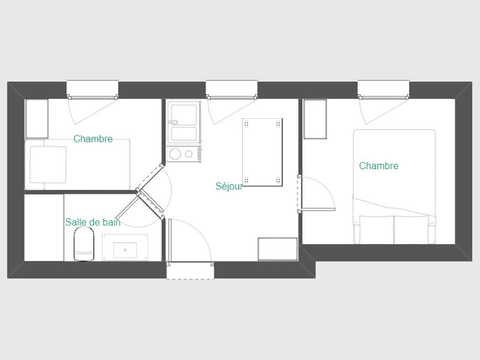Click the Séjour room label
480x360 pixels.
[x=229, y=187]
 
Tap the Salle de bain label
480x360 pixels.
[x=93, y=222]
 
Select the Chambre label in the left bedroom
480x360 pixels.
[x=93, y=139]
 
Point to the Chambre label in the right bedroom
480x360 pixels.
[x=379, y=166]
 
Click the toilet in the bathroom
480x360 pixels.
[x=84, y=245]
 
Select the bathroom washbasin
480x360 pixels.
[x=125, y=248]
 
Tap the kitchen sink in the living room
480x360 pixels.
[x=184, y=122]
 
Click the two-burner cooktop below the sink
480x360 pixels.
[x=184, y=154]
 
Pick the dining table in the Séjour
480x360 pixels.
[x=262, y=152]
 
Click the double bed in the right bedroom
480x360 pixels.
[x=394, y=187]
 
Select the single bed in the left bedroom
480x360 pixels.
[x=77, y=164]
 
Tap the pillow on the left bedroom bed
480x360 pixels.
[x=48, y=164]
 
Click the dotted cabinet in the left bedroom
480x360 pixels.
[x=37, y=119]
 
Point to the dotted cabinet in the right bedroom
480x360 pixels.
[x=315, y=119]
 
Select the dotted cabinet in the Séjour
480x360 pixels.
[x=278, y=249]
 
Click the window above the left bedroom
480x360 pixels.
[x=92, y=90]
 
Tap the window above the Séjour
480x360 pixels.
[x=232, y=90]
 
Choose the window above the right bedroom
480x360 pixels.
[x=383, y=90]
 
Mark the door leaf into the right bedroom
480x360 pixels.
[x=317, y=209]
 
